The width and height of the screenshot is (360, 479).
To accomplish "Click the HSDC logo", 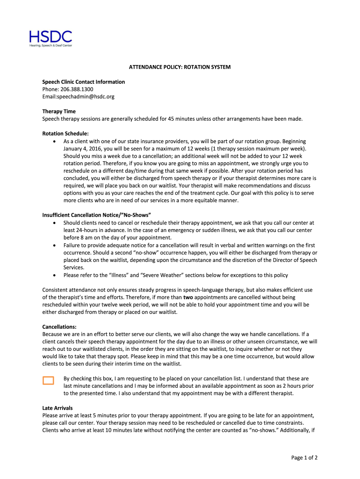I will point(50,37).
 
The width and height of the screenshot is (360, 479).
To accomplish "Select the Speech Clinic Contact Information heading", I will point(84,82).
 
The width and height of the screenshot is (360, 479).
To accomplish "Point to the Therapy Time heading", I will point(59,111).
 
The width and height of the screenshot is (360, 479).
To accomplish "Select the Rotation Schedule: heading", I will point(65,134).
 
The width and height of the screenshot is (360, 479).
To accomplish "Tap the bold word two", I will point(188,297).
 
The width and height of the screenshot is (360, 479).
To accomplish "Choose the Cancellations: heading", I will point(59,327).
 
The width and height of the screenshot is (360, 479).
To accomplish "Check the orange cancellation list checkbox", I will point(48,380).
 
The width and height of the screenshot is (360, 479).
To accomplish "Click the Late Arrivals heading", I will point(58,408).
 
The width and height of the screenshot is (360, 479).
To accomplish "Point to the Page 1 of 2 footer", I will point(304,458).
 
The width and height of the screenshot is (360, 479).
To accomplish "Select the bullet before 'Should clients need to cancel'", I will point(56,223).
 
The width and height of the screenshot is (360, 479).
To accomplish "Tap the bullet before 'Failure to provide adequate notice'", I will point(56,245).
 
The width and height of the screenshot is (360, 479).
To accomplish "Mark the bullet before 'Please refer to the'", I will point(56,275).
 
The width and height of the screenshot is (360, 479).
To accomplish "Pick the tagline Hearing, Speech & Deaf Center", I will point(51,45).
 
